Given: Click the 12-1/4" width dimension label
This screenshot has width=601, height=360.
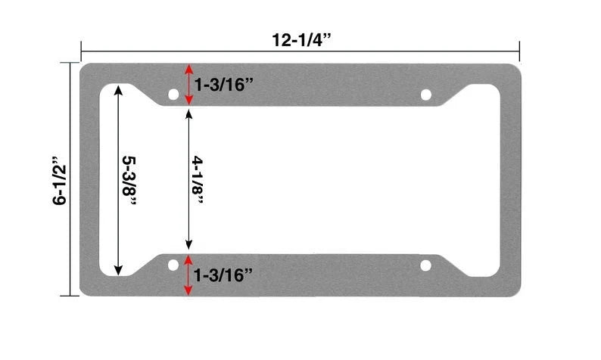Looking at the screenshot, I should pyautogui.click(x=300, y=39).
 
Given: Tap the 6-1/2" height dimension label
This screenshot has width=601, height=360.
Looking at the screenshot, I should pyautogui.click(x=60, y=181).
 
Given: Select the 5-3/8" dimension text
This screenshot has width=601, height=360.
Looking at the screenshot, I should pyautogui.click(x=130, y=179).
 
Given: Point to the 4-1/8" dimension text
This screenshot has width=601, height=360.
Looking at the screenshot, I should pyautogui.click(x=199, y=180).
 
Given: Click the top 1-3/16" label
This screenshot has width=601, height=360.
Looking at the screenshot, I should pyautogui.click(x=223, y=85).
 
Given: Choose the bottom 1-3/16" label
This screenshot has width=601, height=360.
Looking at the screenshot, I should pyautogui.click(x=223, y=275).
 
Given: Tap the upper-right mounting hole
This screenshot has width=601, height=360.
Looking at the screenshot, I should pyautogui.click(x=425, y=95).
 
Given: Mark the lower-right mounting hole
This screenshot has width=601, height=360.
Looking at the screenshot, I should pyautogui.click(x=425, y=265).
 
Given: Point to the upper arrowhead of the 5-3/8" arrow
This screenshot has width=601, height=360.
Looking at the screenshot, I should pyautogui.click(x=118, y=88).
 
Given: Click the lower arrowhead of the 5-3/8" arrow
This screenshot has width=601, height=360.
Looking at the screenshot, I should pyautogui.click(x=118, y=272).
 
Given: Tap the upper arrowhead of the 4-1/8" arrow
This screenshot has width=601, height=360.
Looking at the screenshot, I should pyautogui.click(x=188, y=110).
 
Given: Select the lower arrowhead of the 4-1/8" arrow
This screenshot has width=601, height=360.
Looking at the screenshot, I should pyautogui.click(x=188, y=248).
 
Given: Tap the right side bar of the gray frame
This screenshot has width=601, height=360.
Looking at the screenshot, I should pyautogui.click(x=510, y=180).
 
